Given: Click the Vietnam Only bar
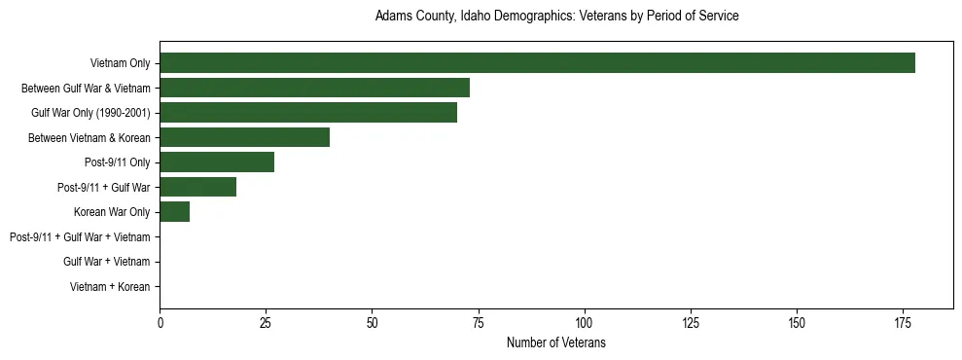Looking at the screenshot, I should (x=537, y=62).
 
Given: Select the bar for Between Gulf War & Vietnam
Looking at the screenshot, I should (x=314, y=88).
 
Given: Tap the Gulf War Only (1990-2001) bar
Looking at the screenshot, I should (x=308, y=112).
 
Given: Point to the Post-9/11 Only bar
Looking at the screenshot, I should (x=217, y=162).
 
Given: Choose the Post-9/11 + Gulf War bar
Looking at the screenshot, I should (x=197, y=187).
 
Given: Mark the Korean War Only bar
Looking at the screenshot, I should (x=174, y=211).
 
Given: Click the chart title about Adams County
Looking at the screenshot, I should (x=557, y=17).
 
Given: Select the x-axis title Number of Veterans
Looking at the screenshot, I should (x=556, y=342).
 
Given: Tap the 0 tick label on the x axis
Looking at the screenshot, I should (x=160, y=322).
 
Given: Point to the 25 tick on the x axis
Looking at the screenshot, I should (x=266, y=322).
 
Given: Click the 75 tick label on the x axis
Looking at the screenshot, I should (x=478, y=322).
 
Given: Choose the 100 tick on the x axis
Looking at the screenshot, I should (x=584, y=322).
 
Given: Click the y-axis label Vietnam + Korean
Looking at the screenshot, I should (x=110, y=286).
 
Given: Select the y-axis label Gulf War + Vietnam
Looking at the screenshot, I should (x=106, y=262).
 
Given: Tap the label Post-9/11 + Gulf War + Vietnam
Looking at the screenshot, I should (x=80, y=236).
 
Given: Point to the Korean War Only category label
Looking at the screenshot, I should (x=112, y=211).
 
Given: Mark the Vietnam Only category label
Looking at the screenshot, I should (x=120, y=63).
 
